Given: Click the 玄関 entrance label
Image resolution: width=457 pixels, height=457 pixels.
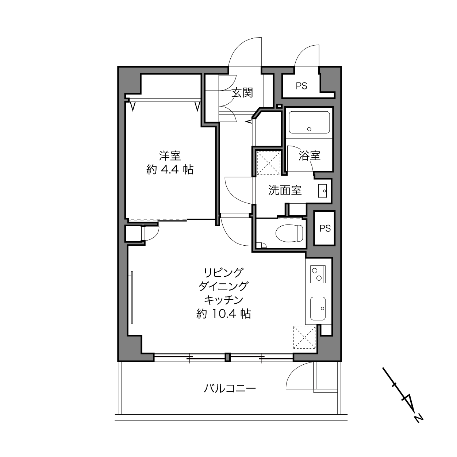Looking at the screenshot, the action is [242, 92].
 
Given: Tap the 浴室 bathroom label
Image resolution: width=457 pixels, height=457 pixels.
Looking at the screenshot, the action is [309, 155].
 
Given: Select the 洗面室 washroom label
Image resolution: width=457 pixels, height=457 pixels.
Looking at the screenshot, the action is [285, 190].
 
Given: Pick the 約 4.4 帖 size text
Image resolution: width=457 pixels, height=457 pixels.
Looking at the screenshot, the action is [170, 170].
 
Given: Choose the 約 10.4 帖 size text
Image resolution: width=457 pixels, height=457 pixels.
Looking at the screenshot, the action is [224, 314].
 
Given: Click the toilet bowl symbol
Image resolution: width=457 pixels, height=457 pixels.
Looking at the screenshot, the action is [289, 233].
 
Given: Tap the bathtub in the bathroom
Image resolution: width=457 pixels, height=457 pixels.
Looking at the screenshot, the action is [309, 122].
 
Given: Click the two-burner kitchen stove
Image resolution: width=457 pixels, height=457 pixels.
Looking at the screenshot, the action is [318, 274].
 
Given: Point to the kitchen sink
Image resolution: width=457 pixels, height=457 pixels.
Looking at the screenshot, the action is [318, 308].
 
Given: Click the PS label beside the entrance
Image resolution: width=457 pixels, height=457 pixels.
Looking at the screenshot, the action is [302, 86].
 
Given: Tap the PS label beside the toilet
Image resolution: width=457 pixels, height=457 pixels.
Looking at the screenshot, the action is [325, 228].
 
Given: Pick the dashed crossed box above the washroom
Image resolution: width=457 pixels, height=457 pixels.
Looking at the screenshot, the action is [269, 163].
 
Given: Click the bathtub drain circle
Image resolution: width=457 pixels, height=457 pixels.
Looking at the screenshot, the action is [309, 129].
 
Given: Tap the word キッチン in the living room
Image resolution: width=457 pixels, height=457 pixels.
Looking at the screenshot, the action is [224, 300].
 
